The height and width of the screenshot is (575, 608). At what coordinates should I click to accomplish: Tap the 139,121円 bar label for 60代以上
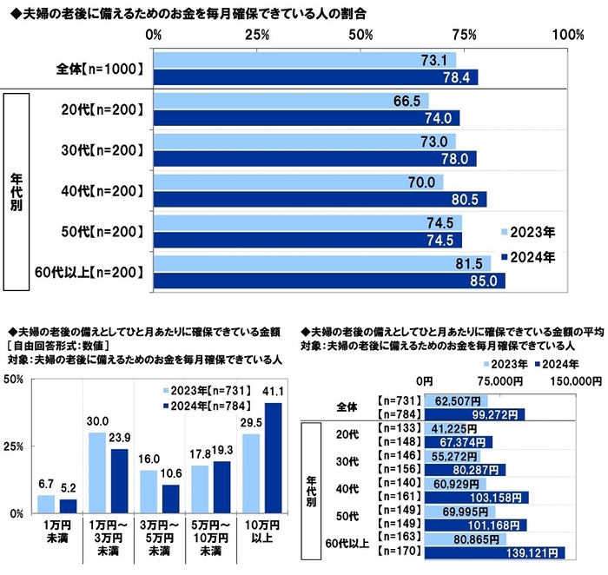(539, 552)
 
